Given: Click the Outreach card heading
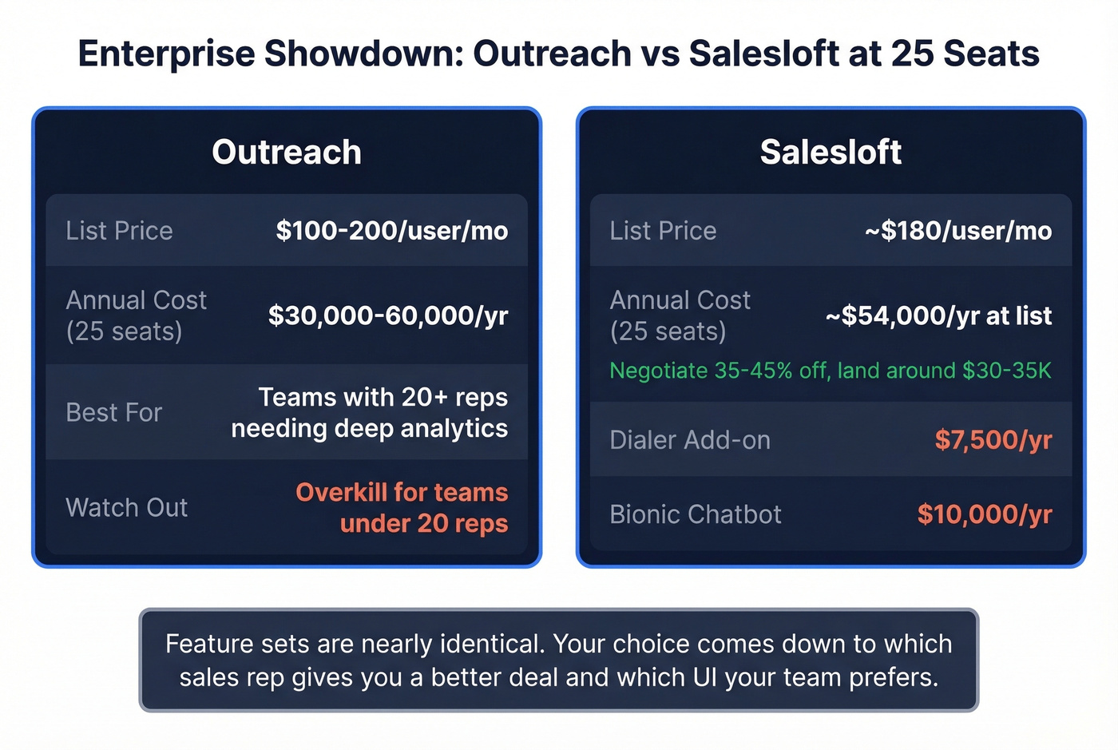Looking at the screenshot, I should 287,153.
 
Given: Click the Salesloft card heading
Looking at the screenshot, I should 831,153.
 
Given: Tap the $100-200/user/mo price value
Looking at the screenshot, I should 391,231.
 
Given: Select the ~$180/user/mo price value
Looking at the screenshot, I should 958,231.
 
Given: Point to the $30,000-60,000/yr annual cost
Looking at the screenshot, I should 388,315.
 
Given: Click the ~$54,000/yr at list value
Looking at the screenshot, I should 938,315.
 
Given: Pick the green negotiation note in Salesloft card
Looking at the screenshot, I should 831,371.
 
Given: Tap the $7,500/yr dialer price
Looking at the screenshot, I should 993,440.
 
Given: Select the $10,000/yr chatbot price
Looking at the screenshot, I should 985,514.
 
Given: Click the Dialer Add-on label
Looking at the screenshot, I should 690,440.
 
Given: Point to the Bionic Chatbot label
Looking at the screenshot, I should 696,514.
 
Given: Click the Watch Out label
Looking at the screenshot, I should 127,507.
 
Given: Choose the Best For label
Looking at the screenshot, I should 114,412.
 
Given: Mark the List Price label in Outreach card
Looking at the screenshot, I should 119,231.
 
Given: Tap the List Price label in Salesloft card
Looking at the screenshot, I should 663,231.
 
